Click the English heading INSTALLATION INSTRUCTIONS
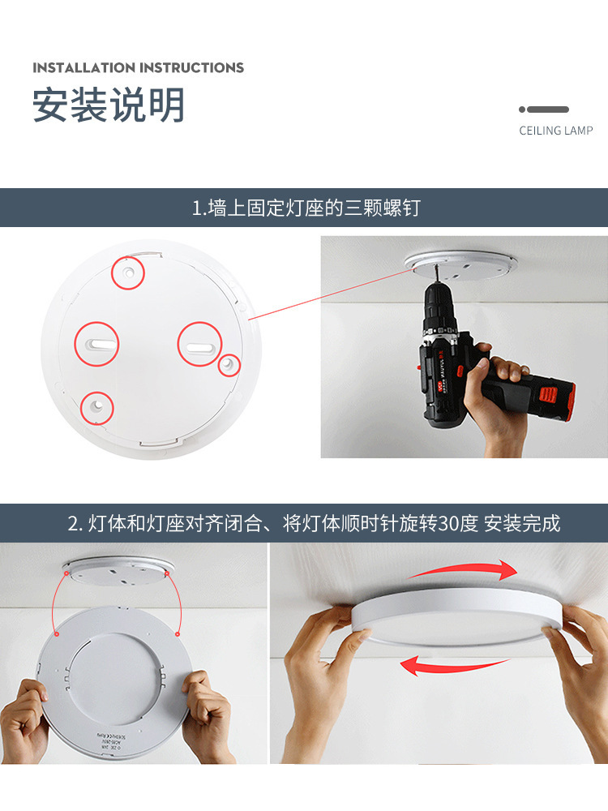[138, 67]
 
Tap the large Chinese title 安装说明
[109, 105]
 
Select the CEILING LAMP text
[555, 131]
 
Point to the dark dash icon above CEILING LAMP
[544, 109]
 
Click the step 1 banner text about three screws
[306, 208]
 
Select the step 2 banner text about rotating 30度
[314, 523]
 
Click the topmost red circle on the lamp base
[128, 272]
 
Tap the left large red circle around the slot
[97, 344]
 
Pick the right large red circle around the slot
[199, 344]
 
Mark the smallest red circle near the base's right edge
[229, 365]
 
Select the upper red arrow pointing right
[464, 571]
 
